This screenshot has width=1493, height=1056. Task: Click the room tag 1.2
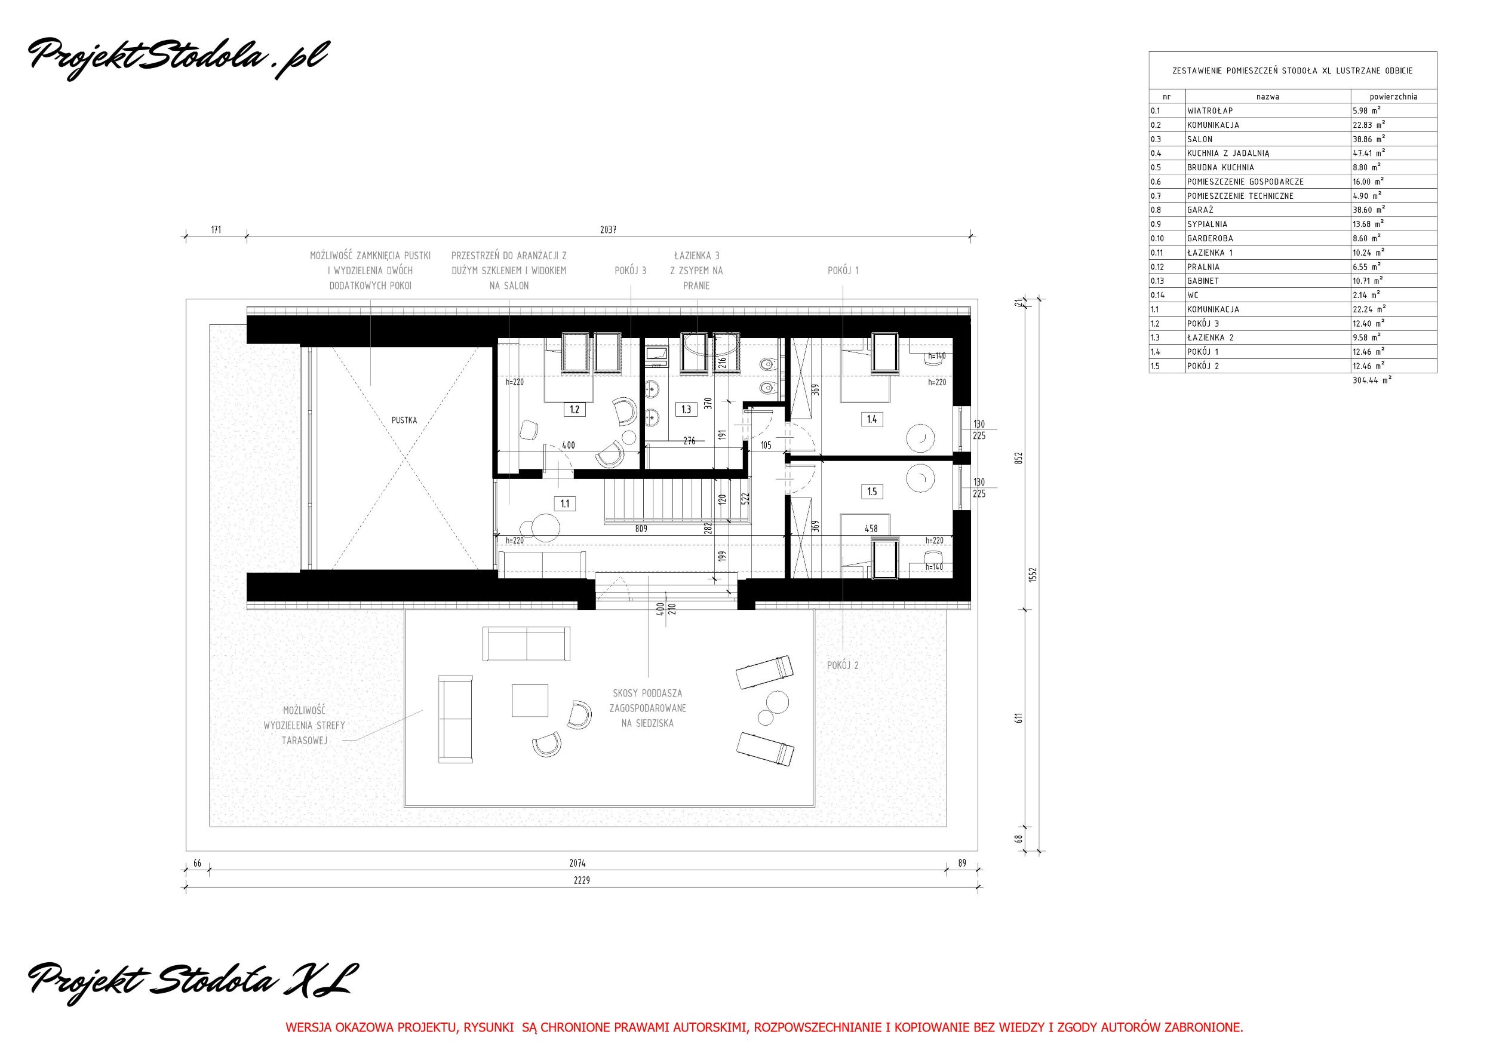coord(574,410)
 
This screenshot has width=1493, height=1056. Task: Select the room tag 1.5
coord(872,492)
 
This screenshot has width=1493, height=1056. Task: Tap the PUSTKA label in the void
coord(404,420)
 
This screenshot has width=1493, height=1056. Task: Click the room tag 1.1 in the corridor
coord(564,503)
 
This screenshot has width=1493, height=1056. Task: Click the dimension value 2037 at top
coord(608,229)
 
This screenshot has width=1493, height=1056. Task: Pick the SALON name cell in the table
coord(1200,139)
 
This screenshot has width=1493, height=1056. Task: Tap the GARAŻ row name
coord(1200,210)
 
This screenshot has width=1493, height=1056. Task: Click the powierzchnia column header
coord(1393,97)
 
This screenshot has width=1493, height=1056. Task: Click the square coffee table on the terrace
coord(530,699)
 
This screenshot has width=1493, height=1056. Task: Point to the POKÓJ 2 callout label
coord(843,665)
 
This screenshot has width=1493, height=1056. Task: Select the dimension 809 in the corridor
coord(641,529)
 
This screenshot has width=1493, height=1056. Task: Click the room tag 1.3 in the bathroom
coord(687,410)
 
